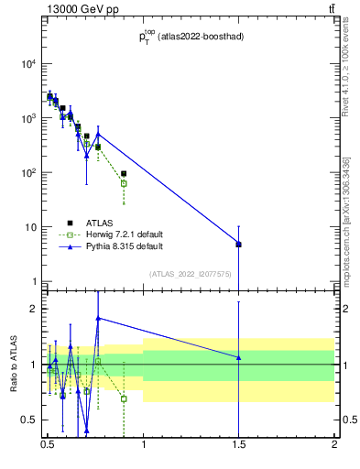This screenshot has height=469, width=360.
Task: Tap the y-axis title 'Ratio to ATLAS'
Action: [x=13, y=365]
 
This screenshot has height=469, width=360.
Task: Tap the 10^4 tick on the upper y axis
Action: [x=28, y=64]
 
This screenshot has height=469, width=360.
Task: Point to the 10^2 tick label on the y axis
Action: [x=28, y=173]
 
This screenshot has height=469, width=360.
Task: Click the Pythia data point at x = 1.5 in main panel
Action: [x=238, y=244]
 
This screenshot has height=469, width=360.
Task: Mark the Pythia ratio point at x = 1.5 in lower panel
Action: [x=238, y=357]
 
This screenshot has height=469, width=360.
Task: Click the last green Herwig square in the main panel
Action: [x=124, y=183]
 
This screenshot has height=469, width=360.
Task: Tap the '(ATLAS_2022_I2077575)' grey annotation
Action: [x=190, y=273]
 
